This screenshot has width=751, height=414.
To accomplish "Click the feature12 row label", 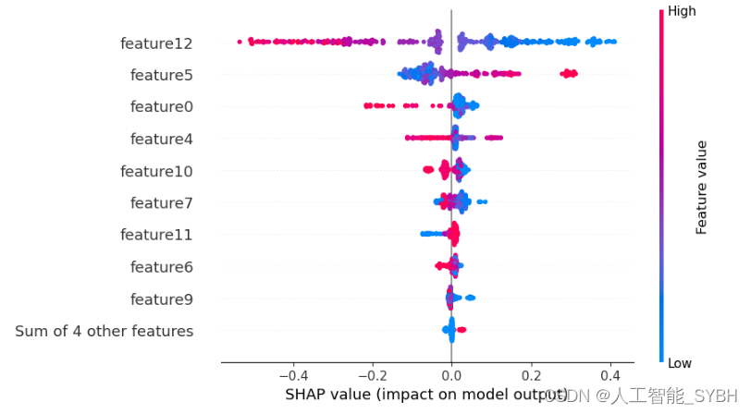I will [156, 43].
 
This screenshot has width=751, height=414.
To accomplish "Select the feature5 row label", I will [162, 75].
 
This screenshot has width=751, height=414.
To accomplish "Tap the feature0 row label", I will [162, 107].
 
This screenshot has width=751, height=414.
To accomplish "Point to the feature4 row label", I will [162, 140].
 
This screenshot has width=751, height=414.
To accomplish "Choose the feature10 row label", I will [156, 171].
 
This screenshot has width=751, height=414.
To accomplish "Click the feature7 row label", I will [162, 203].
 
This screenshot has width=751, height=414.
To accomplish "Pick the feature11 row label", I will [156, 235].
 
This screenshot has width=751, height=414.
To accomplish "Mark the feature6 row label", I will [162, 267].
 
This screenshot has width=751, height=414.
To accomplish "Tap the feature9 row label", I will [162, 299].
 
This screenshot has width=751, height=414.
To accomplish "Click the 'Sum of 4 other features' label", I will [105, 331].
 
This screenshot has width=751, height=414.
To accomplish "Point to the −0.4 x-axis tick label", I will [292, 377].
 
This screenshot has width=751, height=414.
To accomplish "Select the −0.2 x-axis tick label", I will [372, 377].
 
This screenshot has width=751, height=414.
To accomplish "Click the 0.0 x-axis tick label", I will [451, 377].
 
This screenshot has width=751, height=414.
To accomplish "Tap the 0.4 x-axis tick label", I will [609, 377].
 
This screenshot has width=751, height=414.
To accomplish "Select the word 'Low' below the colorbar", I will [680, 363].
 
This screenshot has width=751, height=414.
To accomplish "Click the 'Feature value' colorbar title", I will [701, 187].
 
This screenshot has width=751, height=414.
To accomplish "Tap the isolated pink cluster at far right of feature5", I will [568, 73].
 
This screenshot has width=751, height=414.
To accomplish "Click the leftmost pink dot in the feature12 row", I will [240, 41].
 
